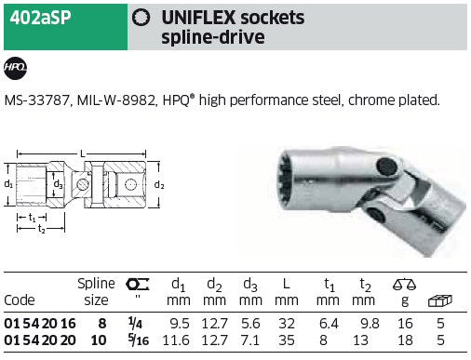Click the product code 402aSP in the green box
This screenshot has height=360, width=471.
(40, 18)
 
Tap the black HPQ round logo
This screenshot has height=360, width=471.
(15, 68)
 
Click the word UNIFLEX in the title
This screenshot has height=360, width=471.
(198, 18)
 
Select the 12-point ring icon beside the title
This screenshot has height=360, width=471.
(141, 18)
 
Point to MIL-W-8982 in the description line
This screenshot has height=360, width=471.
(115, 100)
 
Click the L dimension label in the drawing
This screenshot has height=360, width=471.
(82, 153)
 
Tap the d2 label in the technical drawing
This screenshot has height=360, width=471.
(159, 185)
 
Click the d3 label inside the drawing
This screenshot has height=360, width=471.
(58, 184)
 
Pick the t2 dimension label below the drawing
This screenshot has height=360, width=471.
(41, 229)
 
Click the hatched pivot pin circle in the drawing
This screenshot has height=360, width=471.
(83, 185)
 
